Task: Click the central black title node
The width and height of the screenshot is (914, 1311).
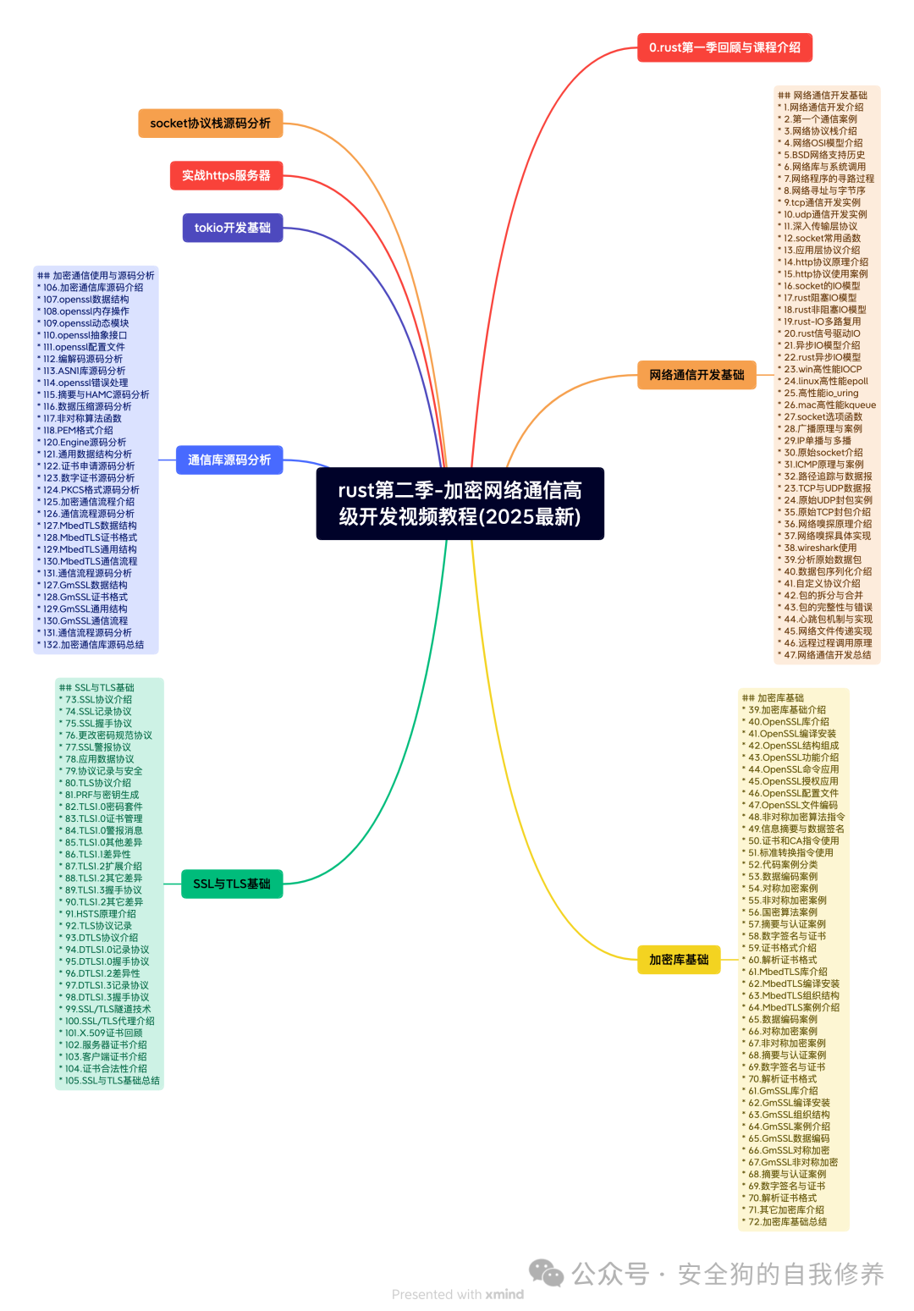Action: coord(460,504)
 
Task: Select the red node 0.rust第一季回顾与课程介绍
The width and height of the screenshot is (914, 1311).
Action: coord(724,47)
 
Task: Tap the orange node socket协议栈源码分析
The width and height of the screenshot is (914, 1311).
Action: coord(210,124)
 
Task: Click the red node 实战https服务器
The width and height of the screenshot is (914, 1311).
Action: coord(226,176)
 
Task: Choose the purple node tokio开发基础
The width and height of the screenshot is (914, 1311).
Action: coord(232,228)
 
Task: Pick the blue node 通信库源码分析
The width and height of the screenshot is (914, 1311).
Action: coord(228,460)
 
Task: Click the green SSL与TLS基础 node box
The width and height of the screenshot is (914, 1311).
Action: coord(231,884)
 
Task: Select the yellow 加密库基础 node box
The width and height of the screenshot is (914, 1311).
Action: coord(679,960)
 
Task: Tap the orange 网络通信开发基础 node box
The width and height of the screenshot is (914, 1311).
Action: coord(697,375)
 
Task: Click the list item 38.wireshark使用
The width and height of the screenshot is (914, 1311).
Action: coord(820,548)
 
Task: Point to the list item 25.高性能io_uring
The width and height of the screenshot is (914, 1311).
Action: coord(821,393)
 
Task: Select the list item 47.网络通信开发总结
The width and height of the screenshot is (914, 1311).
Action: coord(827,655)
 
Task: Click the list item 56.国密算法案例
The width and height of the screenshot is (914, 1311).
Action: coord(783,912)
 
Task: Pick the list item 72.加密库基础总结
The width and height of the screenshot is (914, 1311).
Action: coord(787,1222)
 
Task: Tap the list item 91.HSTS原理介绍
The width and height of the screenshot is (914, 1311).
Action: coord(101,914)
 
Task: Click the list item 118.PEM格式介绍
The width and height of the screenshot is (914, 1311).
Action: coord(78,430)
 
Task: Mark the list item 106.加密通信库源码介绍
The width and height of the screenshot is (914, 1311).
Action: coord(93,288)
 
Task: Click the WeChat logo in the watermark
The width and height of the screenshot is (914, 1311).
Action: coord(546,1273)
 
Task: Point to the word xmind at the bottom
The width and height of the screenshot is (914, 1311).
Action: coord(504,1294)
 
